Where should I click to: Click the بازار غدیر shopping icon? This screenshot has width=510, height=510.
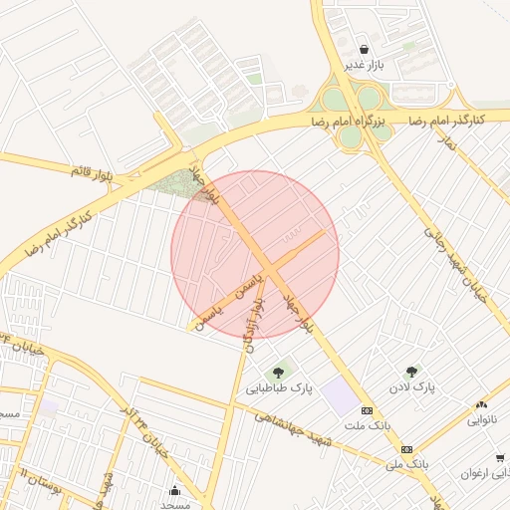tap(365, 49)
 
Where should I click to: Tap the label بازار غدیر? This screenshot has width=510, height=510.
tap(365, 65)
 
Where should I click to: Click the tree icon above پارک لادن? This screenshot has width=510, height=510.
tap(412, 371)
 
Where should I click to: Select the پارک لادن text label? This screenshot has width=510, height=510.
tap(411, 386)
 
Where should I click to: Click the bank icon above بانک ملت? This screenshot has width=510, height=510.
tap(367, 410)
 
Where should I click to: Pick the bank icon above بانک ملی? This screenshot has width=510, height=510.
tap(405, 448)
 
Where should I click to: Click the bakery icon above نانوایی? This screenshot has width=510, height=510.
tap(482, 404)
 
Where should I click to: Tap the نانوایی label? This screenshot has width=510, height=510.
tap(485, 420)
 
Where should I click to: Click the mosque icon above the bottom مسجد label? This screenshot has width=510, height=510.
tap(175, 488)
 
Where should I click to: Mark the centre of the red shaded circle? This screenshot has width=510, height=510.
tap(255, 254)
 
